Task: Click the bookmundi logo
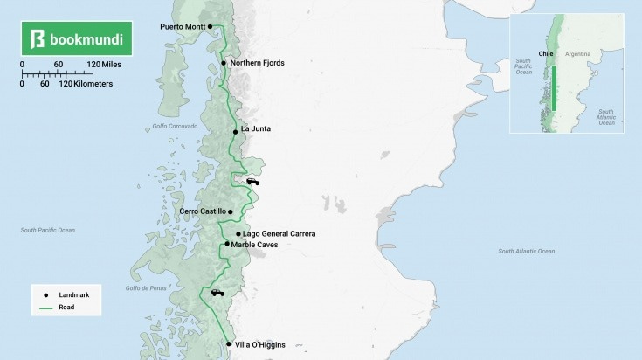click(x=77, y=39)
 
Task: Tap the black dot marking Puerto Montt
click(x=211, y=26)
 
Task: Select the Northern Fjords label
click(x=257, y=63)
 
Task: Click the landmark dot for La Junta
click(x=236, y=132)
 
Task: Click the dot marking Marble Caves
click(x=227, y=244)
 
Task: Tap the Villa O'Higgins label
click(x=260, y=344)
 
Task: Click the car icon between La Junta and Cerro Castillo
click(x=253, y=182)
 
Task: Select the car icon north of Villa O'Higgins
click(x=217, y=293)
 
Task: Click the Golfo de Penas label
click(x=145, y=287)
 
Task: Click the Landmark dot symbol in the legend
click(x=45, y=295)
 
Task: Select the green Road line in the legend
click(x=45, y=308)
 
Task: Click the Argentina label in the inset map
click(x=577, y=54)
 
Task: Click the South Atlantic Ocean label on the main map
click(x=526, y=252)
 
